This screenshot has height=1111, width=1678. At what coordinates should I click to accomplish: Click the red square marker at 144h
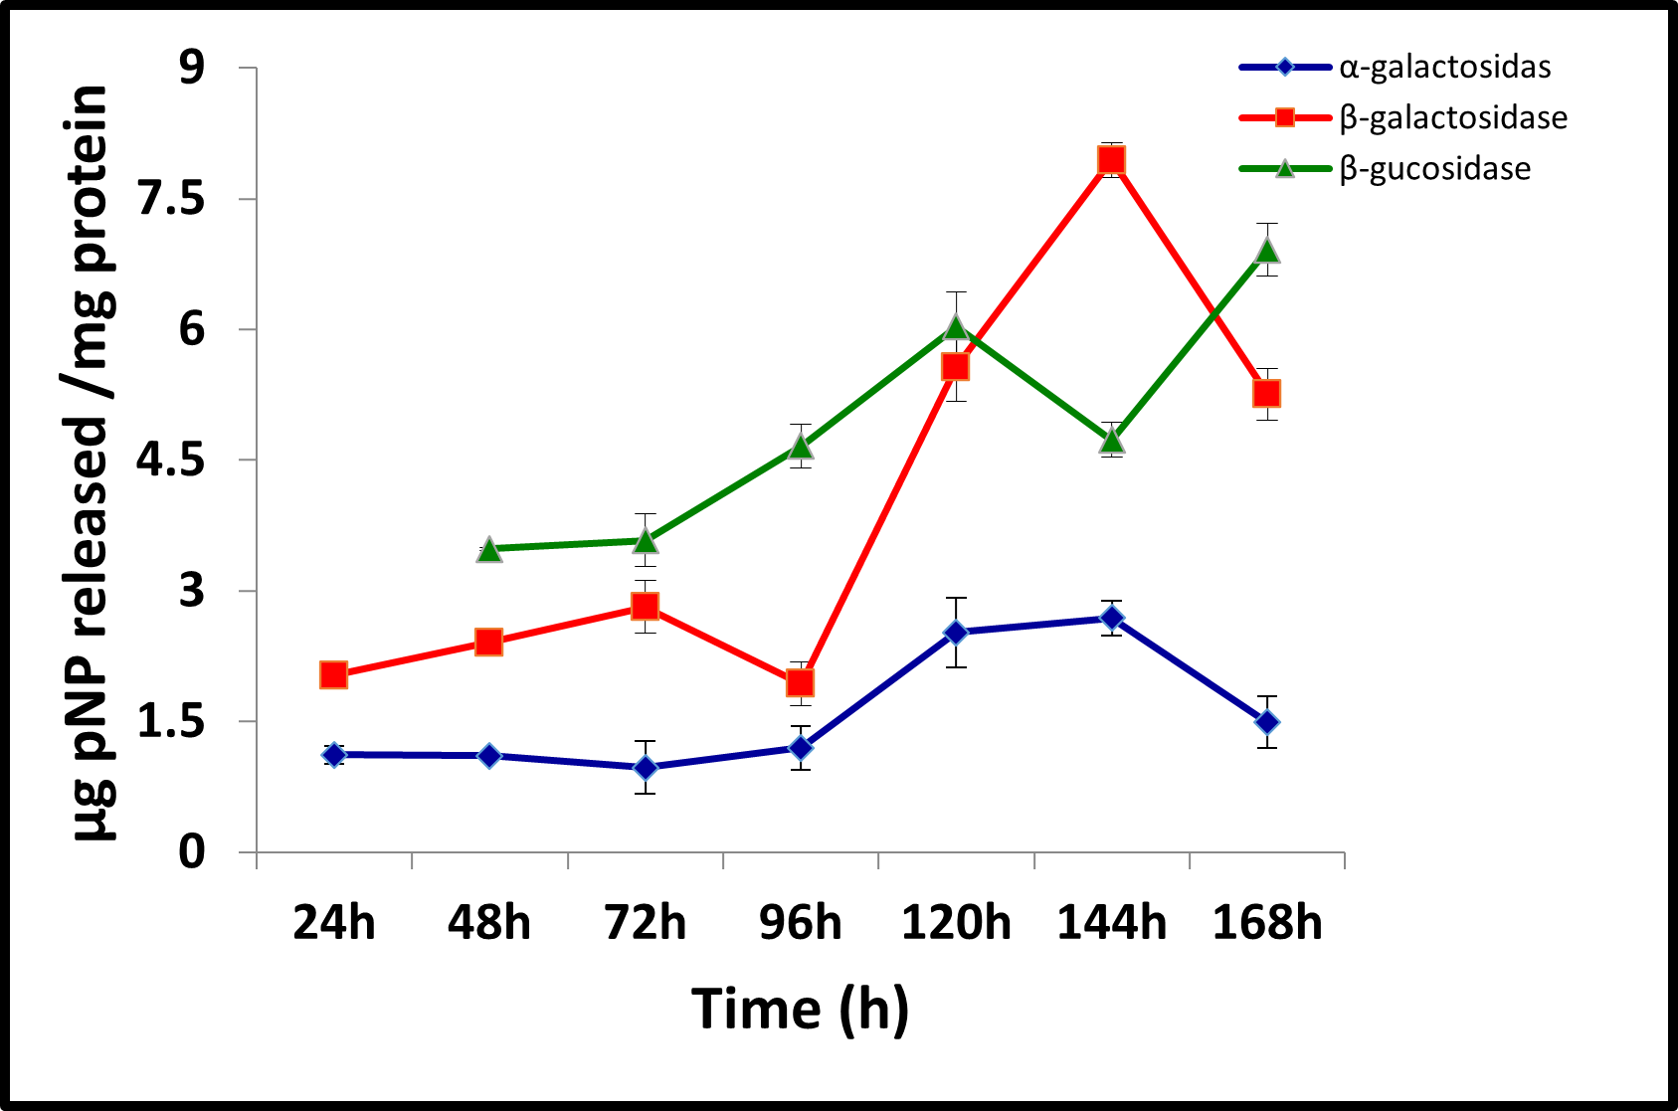(1111, 160)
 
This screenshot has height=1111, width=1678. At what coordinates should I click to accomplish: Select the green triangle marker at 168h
(1266, 251)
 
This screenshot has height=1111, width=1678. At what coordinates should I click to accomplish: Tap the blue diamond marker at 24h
(333, 755)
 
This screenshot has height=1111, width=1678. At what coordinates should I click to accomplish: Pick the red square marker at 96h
(800, 682)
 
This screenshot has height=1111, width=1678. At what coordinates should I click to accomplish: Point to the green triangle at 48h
(488, 549)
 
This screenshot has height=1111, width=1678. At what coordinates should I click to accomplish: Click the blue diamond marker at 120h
(956, 633)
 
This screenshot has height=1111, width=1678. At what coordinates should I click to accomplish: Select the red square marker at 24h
(333, 675)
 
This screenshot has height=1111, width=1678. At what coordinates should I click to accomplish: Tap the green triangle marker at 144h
(1111, 440)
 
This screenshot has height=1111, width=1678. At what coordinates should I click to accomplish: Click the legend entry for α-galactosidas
(1444, 68)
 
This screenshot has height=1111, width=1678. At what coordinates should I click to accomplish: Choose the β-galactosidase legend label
(1452, 118)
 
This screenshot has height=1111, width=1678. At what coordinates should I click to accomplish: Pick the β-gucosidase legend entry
(1434, 169)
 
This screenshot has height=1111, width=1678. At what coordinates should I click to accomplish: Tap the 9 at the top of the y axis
(191, 68)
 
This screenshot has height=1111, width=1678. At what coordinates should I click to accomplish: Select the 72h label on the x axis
(645, 923)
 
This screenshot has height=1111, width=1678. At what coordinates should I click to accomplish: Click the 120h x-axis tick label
(956, 923)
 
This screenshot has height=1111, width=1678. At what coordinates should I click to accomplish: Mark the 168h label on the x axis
(1266, 923)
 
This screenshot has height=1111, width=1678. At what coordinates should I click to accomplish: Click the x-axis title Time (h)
(800, 1009)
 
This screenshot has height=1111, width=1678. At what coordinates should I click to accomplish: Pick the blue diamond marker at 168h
(1266, 722)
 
